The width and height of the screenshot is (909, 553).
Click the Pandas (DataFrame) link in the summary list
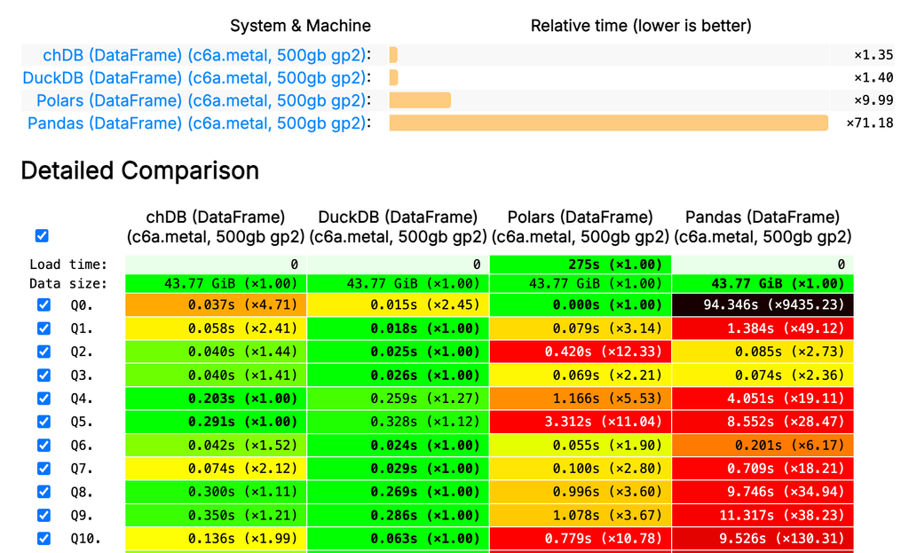click(195, 123)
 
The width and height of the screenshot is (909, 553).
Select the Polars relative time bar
click(420, 100)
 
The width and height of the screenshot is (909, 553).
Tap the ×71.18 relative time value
click(869, 123)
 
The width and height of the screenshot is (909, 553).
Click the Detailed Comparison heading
click(139, 170)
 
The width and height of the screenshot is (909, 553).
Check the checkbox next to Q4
click(43, 399)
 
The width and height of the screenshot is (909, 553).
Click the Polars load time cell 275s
click(580, 265)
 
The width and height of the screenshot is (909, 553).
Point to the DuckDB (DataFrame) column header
click(398, 226)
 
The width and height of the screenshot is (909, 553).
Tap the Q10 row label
click(86, 538)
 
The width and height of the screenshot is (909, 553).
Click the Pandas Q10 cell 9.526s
click(763, 538)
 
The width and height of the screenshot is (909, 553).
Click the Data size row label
click(67, 284)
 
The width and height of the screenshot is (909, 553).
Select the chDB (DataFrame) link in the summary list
click(192, 54)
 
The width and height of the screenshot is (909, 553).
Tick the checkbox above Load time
click(42, 236)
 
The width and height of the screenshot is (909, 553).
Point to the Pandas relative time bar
click(608, 123)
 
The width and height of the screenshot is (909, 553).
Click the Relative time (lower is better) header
click(640, 26)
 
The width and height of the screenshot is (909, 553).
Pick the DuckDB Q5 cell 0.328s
click(398, 422)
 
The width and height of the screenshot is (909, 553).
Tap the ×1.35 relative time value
click(873, 54)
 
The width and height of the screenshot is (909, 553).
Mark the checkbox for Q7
click(43, 468)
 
